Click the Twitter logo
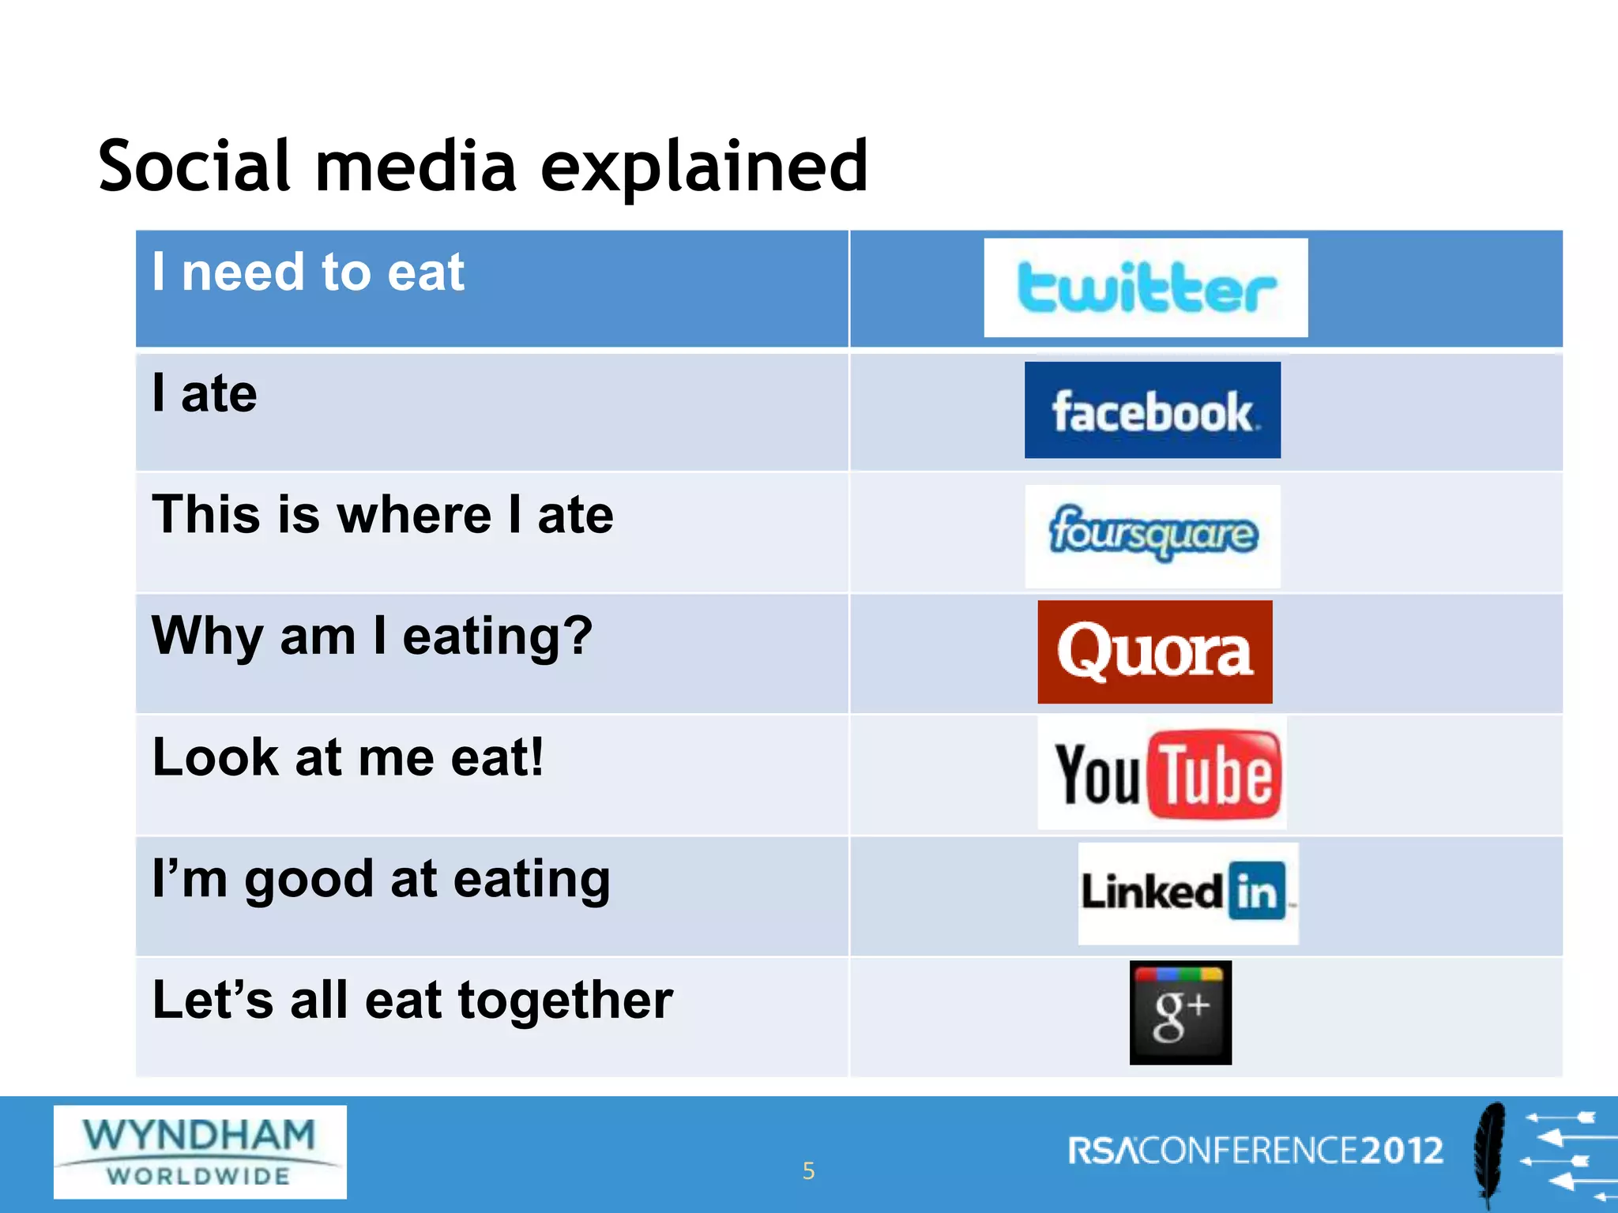(1146, 287)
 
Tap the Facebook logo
(1152, 410)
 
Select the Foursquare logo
(1152, 535)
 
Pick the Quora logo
(1154, 652)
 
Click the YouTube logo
(1162, 773)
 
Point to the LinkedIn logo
(1187, 893)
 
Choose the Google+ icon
(1180, 1012)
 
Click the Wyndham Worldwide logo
(200, 1151)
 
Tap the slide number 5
(808, 1170)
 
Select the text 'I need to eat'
(308, 272)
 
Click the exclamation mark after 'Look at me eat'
(537, 757)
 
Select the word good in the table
(309, 879)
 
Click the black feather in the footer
(1489, 1153)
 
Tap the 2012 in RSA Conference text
(1402, 1151)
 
